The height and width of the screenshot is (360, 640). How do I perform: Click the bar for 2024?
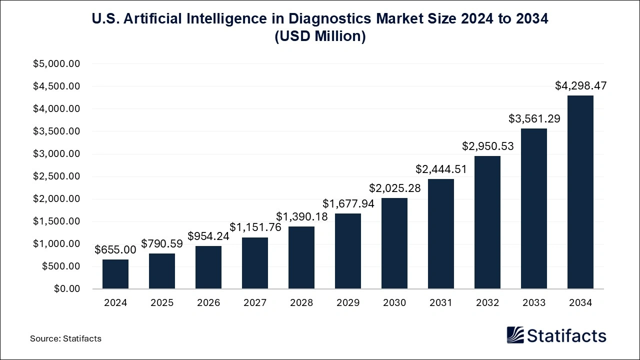(115, 274)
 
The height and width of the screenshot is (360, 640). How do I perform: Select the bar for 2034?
(580, 192)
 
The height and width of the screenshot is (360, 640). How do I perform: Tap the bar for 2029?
(348, 251)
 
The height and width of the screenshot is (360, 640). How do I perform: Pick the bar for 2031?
(441, 234)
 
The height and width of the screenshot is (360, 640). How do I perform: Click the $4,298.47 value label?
(580, 86)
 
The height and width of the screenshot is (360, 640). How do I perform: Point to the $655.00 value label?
(115, 249)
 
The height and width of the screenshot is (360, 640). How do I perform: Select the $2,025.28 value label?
(395, 188)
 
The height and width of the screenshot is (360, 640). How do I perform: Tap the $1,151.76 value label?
(255, 227)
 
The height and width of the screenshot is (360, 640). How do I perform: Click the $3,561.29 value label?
(534, 119)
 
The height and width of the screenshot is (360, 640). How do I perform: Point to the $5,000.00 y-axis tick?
(56, 64)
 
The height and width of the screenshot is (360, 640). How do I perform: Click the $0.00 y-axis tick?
(66, 289)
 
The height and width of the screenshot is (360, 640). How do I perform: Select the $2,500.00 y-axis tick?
(56, 176)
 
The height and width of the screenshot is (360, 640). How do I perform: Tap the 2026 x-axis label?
(208, 303)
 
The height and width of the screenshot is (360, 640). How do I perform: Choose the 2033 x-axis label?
(534, 303)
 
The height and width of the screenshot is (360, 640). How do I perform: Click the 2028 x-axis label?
(301, 303)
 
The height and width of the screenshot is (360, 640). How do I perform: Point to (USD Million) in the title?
(320, 36)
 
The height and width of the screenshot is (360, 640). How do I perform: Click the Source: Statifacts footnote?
(65, 338)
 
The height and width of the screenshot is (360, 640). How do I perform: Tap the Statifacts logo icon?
(515, 335)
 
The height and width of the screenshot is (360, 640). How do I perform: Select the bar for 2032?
(487, 222)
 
